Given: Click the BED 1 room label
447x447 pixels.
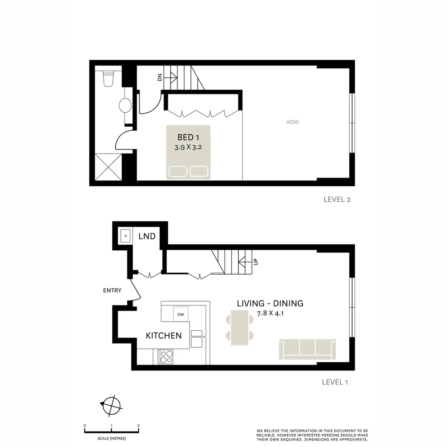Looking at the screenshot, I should pyautogui.click(x=188, y=137).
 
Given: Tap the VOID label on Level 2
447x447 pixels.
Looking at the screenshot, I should pyautogui.click(x=292, y=122).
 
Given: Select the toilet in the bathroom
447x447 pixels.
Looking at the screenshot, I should pyautogui.click(x=108, y=79).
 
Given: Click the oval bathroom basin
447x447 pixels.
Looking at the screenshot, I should pyautogui.click(x=125, y=106).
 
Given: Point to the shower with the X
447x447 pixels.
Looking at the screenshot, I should pyautogui.click(x=108, y=167).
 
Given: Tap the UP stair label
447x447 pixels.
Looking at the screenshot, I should pyautogui.click(x=255, y=262).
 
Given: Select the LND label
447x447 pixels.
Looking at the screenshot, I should pyautogui.click(x=147, y=236).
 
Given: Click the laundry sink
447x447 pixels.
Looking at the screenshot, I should pyautogui.click(x=125, y=236).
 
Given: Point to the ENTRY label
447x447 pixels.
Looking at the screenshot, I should pyautogui.click(x=112, y=291).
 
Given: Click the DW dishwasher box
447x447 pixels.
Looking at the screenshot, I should pyautogui.click(x=180, y=314).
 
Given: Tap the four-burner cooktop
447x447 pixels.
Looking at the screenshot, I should pyautogui.click(x=166, y=357).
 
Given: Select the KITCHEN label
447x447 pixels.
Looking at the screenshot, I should pyautogui.click(x=163, y=336).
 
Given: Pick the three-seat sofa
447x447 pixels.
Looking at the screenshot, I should pyautogui.click(x=307, y=349).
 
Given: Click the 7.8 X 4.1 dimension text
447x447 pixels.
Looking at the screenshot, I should pyautogui.click(x=270, y=313).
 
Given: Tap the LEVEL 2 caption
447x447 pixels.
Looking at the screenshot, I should pyautogui.click(x=337, y=199).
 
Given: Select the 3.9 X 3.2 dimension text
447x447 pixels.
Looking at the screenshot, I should pyautogui.click(x=188, y=147).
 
